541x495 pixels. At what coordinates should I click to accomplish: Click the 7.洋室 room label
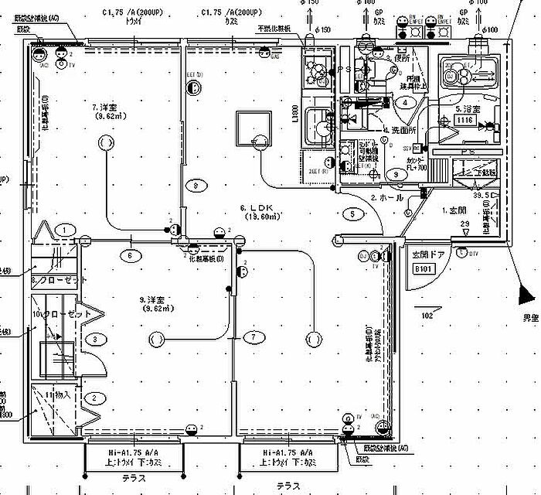[104, 107]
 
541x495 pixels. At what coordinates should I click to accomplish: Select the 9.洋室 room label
[154, 299]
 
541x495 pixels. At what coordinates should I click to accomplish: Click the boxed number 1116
[464, 121]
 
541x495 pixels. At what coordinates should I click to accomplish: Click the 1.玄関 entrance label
[454, 210]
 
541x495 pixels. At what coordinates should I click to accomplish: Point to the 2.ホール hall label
[387, 199]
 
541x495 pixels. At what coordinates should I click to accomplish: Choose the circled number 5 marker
[352, 213]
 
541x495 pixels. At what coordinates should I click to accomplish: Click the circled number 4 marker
[403, 102]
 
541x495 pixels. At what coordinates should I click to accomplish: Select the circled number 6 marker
[130, 254]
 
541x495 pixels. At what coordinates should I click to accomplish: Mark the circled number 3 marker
[94, 338]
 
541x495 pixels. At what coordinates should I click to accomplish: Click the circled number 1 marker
[67, 229]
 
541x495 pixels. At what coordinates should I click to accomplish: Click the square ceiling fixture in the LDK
[254, 126]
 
